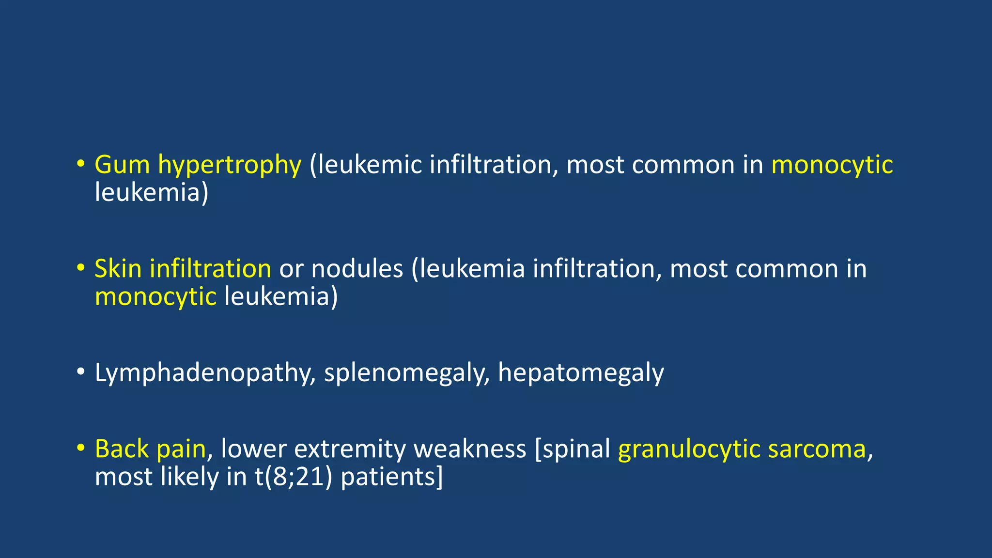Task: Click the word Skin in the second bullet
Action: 118,269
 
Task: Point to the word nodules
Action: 357,269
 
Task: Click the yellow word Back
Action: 122,449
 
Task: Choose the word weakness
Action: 469,449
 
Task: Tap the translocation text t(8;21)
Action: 294,477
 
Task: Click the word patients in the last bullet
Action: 391,477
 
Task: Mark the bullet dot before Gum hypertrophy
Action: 80,163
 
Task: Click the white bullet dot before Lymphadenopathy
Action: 80,372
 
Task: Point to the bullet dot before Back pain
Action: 80,447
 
